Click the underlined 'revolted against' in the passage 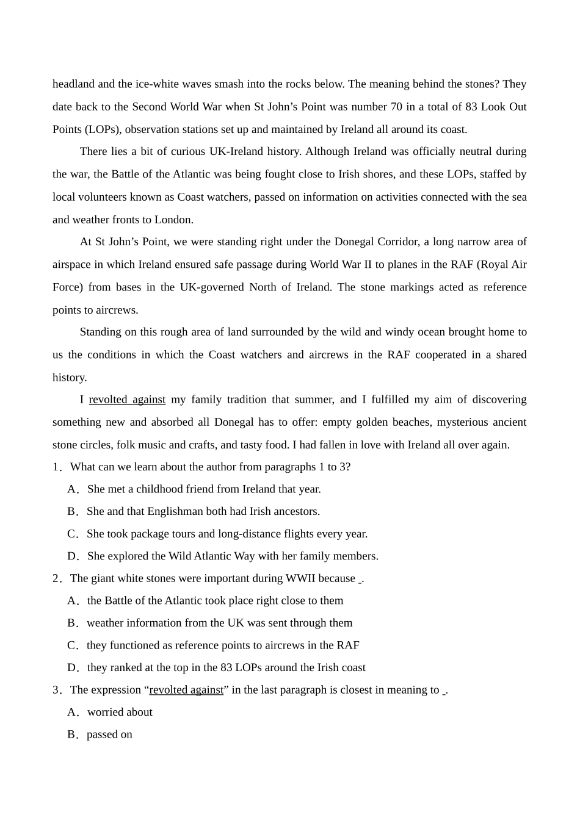(x=127, y=400)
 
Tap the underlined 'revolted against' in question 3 (x=186, y=690)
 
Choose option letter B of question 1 (x=71, y=512)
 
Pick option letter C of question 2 (x=71, y=646)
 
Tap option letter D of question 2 (x=72, y=668)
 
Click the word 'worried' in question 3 (x=105, y=713)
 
